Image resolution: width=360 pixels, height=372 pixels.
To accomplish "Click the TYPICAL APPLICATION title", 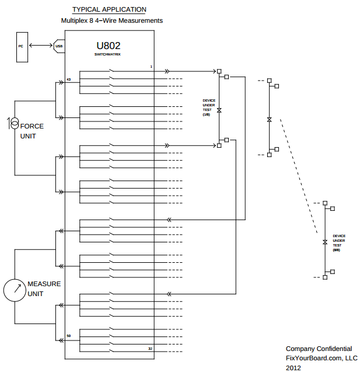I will click(x=109, y=9).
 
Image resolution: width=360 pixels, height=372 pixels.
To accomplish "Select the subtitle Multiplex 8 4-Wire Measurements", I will click(x=112, y=20).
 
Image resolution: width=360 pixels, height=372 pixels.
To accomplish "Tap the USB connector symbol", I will click(x=59, y=46).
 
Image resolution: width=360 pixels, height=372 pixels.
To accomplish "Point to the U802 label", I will click(x=108, y=46).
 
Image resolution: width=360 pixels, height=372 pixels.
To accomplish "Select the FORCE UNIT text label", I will click(x=32, y=131).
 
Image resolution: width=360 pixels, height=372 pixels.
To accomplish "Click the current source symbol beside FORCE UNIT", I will click(x=13, y=123).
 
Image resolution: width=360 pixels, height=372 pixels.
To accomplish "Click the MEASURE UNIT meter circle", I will click(x=15, y=290).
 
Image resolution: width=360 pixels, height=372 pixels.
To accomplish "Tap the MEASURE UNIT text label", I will click(x=44, y=288).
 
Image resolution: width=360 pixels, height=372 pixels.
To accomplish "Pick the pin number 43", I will click(x=68, y=79).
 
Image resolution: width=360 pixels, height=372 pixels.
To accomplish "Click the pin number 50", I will click(x=68, y=336).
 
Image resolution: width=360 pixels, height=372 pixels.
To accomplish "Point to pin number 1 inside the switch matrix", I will click(x=151, y=67).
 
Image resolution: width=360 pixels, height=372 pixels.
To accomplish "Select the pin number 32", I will click(x=150, y=348).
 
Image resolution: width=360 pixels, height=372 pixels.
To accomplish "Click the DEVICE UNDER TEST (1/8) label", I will click(x=209, y=107).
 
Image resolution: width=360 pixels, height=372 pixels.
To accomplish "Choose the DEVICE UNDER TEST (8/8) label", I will click(x=338, y=242).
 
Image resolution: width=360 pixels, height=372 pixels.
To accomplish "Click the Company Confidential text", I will click(x=319, y=349).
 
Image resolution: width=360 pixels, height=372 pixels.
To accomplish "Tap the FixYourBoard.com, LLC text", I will click(x=321, y=358).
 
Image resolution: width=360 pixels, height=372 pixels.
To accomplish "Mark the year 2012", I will click(x=293, y=367).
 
